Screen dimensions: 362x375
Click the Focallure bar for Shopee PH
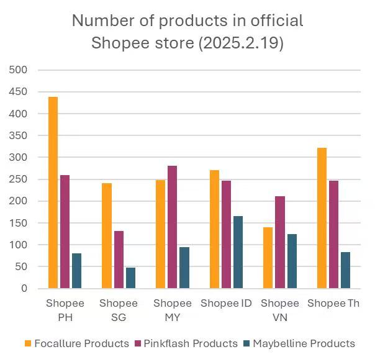point(53,192)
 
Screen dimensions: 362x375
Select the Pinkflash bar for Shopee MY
point(172,227)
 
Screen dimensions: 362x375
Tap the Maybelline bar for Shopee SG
point(130,278)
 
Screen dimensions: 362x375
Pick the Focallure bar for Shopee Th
point(322,218)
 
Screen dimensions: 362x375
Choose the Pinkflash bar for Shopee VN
point(280,242)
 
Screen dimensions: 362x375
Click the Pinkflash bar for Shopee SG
point(119,260)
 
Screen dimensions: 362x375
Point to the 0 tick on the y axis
point(24,289)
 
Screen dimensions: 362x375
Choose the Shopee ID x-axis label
point(226,304)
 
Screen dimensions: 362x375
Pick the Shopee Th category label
point(334,304)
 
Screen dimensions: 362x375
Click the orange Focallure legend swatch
point(28,343)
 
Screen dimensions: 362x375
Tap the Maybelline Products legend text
point(304,343)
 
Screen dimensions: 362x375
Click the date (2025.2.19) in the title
point(238,44)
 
